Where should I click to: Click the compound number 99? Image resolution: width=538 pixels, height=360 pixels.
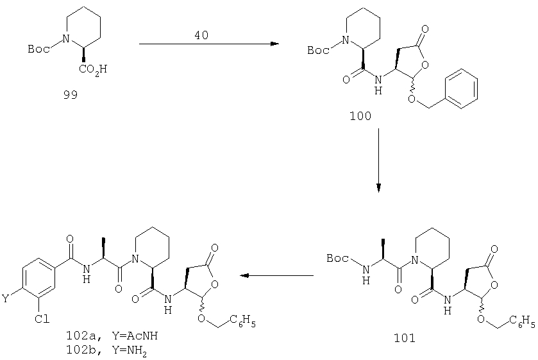tap(71, 95)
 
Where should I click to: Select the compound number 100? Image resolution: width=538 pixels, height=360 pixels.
tap(360, 116)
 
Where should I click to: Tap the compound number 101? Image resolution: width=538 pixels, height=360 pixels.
tap(405, 338)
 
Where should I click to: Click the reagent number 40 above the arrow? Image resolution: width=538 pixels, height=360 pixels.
tap(201, 35)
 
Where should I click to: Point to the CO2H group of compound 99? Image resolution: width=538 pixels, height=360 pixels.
tap(93, 70)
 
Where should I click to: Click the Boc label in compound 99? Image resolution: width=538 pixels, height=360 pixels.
tap(38, 49)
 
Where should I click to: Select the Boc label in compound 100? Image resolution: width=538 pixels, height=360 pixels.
tap(318, 51)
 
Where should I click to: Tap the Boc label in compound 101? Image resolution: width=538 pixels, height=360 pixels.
tap(338, 258)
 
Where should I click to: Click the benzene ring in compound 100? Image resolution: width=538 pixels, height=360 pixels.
tap(461, 89)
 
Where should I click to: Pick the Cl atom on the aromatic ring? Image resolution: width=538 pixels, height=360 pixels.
tap(42, 319)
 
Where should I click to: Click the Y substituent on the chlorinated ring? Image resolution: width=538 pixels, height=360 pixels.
tap(5, 298)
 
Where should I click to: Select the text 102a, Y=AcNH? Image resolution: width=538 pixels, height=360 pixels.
tap(112, 335)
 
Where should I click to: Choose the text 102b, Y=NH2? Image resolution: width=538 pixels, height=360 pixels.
tap(106, 350)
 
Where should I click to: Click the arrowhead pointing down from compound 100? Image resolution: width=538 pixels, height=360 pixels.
tap(378, 188)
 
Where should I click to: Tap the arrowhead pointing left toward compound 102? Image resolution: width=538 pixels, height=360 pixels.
tap(244, 275)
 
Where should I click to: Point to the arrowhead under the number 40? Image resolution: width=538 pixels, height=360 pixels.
tap(274, 44)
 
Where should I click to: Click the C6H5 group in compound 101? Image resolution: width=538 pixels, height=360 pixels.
tap(522, 321)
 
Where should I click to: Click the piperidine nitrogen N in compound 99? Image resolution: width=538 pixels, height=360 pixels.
tap(67, 38)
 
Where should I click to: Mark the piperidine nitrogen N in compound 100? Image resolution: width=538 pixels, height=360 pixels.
tap(346, 40)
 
